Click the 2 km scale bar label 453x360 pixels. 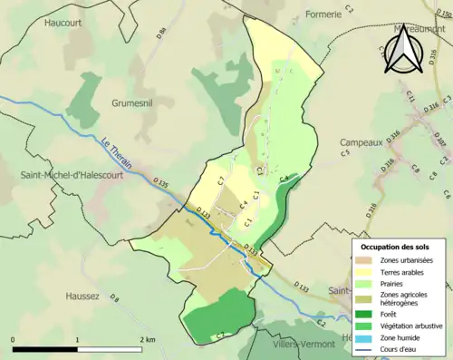(145, 339)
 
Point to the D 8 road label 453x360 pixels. (114, 297)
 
